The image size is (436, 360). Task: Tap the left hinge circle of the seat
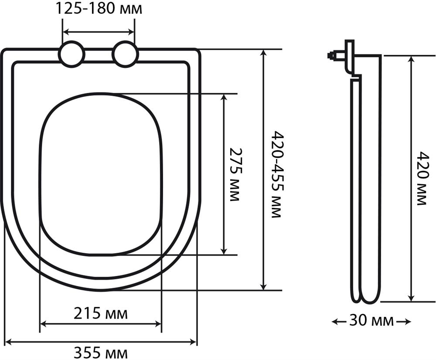(72, 54)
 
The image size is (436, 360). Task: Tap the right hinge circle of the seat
(125, 54)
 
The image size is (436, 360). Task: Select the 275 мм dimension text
(235, 174)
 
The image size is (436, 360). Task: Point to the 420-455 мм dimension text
(276, 174)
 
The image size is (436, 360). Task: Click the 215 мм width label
(100, 313)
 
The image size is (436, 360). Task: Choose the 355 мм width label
(100, 352)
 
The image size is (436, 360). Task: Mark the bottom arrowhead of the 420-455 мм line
(263, 286)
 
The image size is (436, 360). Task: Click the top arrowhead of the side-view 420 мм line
(411, 59)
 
